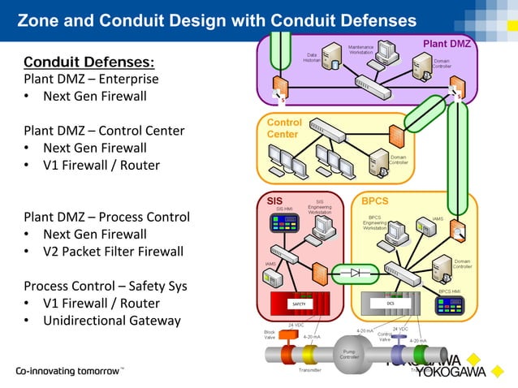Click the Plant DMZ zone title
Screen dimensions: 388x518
(447, 42)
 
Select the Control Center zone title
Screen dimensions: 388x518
(284, 128)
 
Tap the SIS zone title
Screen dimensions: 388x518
(275, 199)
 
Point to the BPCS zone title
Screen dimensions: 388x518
(375, 199)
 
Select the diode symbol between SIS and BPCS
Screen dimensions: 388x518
(354, 273)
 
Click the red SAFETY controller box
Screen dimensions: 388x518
(298, 304)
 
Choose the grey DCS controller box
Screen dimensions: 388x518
(391, 303)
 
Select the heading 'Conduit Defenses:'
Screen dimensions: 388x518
(89, 62)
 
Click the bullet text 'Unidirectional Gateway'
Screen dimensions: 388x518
(111, 321)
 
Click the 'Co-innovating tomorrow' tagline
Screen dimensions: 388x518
(68, 371)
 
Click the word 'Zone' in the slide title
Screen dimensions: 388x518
(39, 19)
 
